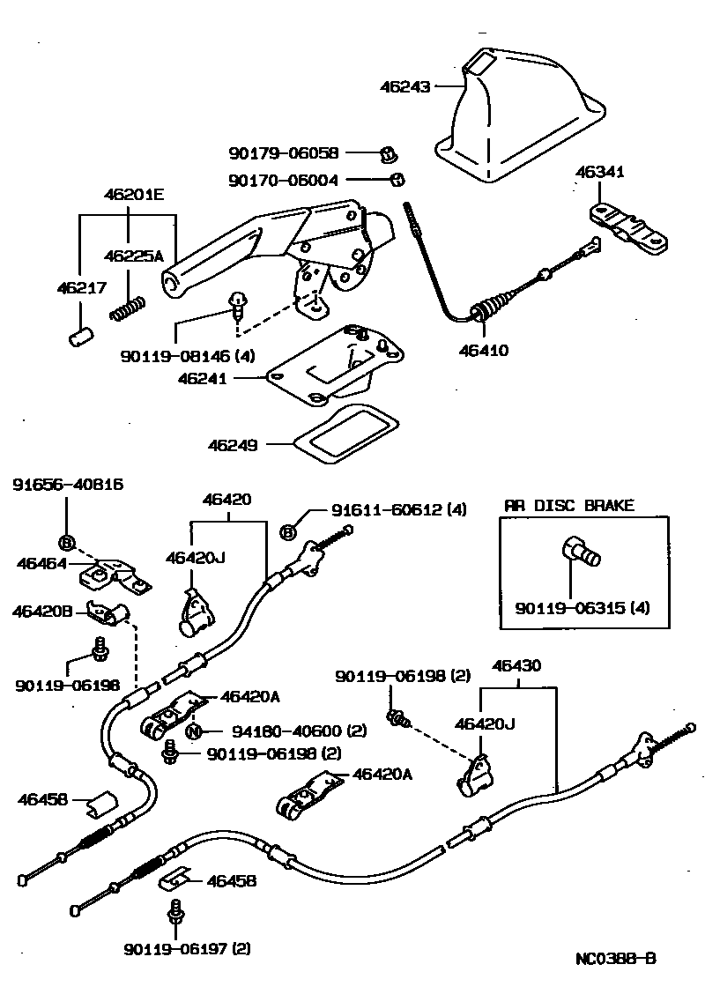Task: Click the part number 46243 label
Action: (405, 87)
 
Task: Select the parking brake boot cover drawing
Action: (520, 115)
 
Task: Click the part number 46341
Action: (601, 173)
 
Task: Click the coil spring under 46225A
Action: (126, 308)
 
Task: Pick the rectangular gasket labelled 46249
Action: (340, 434)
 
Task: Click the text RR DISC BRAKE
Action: (568, 506)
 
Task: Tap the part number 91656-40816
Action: (67, 485)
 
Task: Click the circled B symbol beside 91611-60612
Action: (287, 530)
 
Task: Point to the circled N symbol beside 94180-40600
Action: (195, 731)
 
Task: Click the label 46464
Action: (41, 561)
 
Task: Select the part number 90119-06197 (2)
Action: (187, 949)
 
